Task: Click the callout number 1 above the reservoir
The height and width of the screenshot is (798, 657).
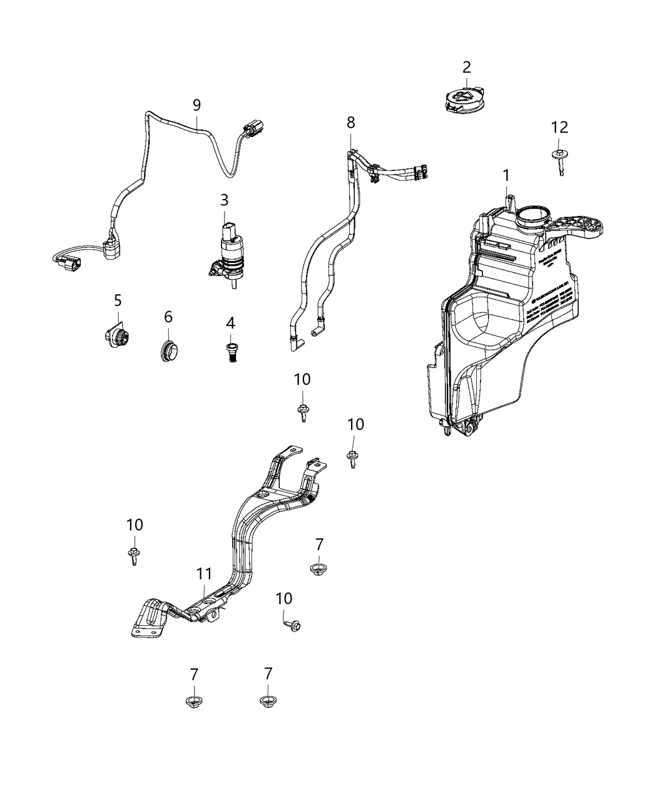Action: point(507,175)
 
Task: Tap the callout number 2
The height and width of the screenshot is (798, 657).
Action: point(467,67)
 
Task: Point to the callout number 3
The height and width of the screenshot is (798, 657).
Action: point(224,200)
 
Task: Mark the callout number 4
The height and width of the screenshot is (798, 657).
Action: point(231,324)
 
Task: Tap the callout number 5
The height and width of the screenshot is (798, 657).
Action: point(118,300)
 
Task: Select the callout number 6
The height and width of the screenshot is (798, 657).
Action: point(168,317)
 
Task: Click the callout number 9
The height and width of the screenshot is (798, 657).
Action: point(196,105)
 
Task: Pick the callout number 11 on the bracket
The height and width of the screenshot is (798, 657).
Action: point(204,573)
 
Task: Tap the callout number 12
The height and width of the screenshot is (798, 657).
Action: point(559,127)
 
